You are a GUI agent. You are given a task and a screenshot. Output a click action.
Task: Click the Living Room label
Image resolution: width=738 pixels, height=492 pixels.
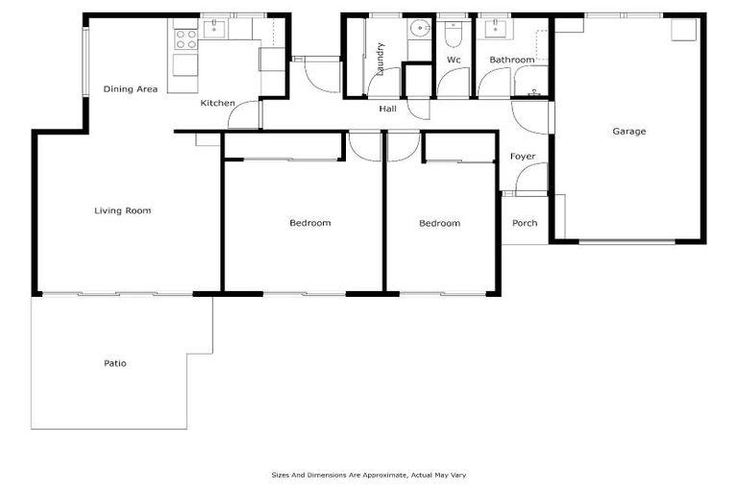point(123,210)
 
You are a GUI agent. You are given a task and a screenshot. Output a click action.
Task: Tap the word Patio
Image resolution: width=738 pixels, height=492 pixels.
point(115,363)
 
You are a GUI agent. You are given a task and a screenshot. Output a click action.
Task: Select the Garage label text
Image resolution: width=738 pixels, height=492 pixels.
point(629,131)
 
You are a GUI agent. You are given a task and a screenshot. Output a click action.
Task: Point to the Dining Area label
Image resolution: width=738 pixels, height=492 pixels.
point(131,89)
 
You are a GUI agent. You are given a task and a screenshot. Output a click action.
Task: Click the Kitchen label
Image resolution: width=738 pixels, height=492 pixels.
point(218,103)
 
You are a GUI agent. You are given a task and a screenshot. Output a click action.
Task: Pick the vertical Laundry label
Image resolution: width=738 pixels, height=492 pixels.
point(381,59)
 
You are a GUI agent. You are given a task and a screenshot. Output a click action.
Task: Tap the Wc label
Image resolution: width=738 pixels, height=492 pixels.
point(454,60)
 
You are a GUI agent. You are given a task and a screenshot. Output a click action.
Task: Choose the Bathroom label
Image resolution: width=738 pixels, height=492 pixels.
point(511,60)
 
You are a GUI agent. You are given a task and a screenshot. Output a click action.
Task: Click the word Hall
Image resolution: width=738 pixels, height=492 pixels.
point(388,109)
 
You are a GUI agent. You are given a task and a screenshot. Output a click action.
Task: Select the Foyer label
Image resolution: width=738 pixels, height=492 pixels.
point(523,157)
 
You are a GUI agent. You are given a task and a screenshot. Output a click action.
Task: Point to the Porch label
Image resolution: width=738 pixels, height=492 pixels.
point(525,224)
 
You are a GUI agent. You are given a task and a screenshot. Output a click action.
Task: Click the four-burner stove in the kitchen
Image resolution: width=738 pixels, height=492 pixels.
point(185,38)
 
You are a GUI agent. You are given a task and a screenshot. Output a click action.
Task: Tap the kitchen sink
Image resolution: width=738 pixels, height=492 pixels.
point(212,30)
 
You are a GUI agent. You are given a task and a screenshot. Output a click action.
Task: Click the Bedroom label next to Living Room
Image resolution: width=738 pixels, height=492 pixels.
point(309,223)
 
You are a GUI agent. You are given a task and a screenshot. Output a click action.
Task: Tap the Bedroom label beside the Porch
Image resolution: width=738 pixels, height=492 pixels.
point(439,223)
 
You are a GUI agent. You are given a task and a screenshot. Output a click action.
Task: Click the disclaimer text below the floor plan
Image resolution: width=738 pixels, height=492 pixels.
point(369,475)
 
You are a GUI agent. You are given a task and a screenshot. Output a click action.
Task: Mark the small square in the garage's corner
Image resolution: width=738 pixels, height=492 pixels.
point(681,29)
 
